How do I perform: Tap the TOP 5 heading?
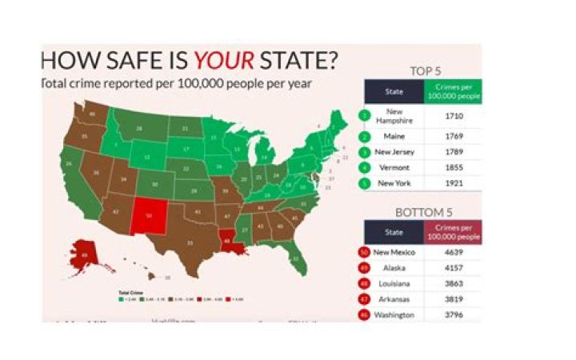[x=426, y=70]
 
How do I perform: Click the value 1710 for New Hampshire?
[x=454, y=116]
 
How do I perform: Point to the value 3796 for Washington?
[x=454, y=314]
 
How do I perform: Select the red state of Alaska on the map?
[x=84, y=254]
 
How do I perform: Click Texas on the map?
[x=190, y=240]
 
